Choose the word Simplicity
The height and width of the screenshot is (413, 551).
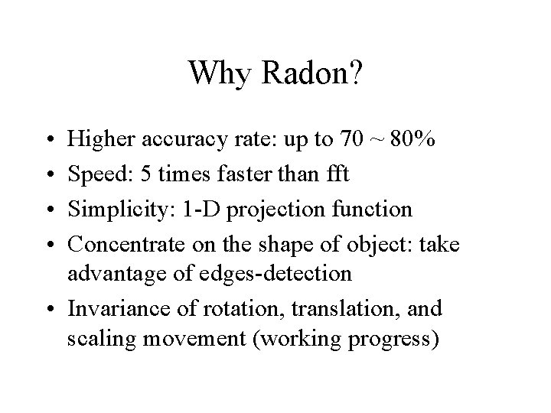(x=117, y=207)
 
